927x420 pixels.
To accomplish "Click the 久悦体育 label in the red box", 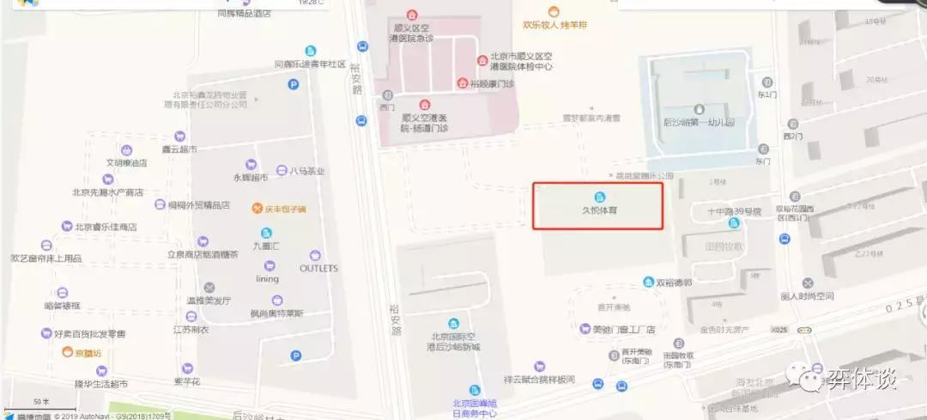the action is [x=599, y=209].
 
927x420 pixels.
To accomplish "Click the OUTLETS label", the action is [x=318, y=268].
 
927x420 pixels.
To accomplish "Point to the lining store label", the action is [x=267, y=278].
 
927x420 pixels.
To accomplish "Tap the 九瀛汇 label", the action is [x=267, y=245].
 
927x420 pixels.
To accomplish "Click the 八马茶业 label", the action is [x=306, y=171].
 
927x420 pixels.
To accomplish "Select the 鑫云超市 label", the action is [x=180, y=149].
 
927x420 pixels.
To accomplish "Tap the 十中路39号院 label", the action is [x=734, y=211].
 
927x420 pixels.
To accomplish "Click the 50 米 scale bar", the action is [x=41, y=401].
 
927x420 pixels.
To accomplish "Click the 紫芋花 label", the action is [x=187, y=380].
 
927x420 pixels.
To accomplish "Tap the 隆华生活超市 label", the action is [x=100, y=383].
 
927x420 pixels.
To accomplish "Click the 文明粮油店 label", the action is [x=128, y=162].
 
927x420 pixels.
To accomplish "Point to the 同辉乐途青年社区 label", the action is [x=309, y=64].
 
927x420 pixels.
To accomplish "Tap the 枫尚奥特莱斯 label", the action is [x=277, y=313].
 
